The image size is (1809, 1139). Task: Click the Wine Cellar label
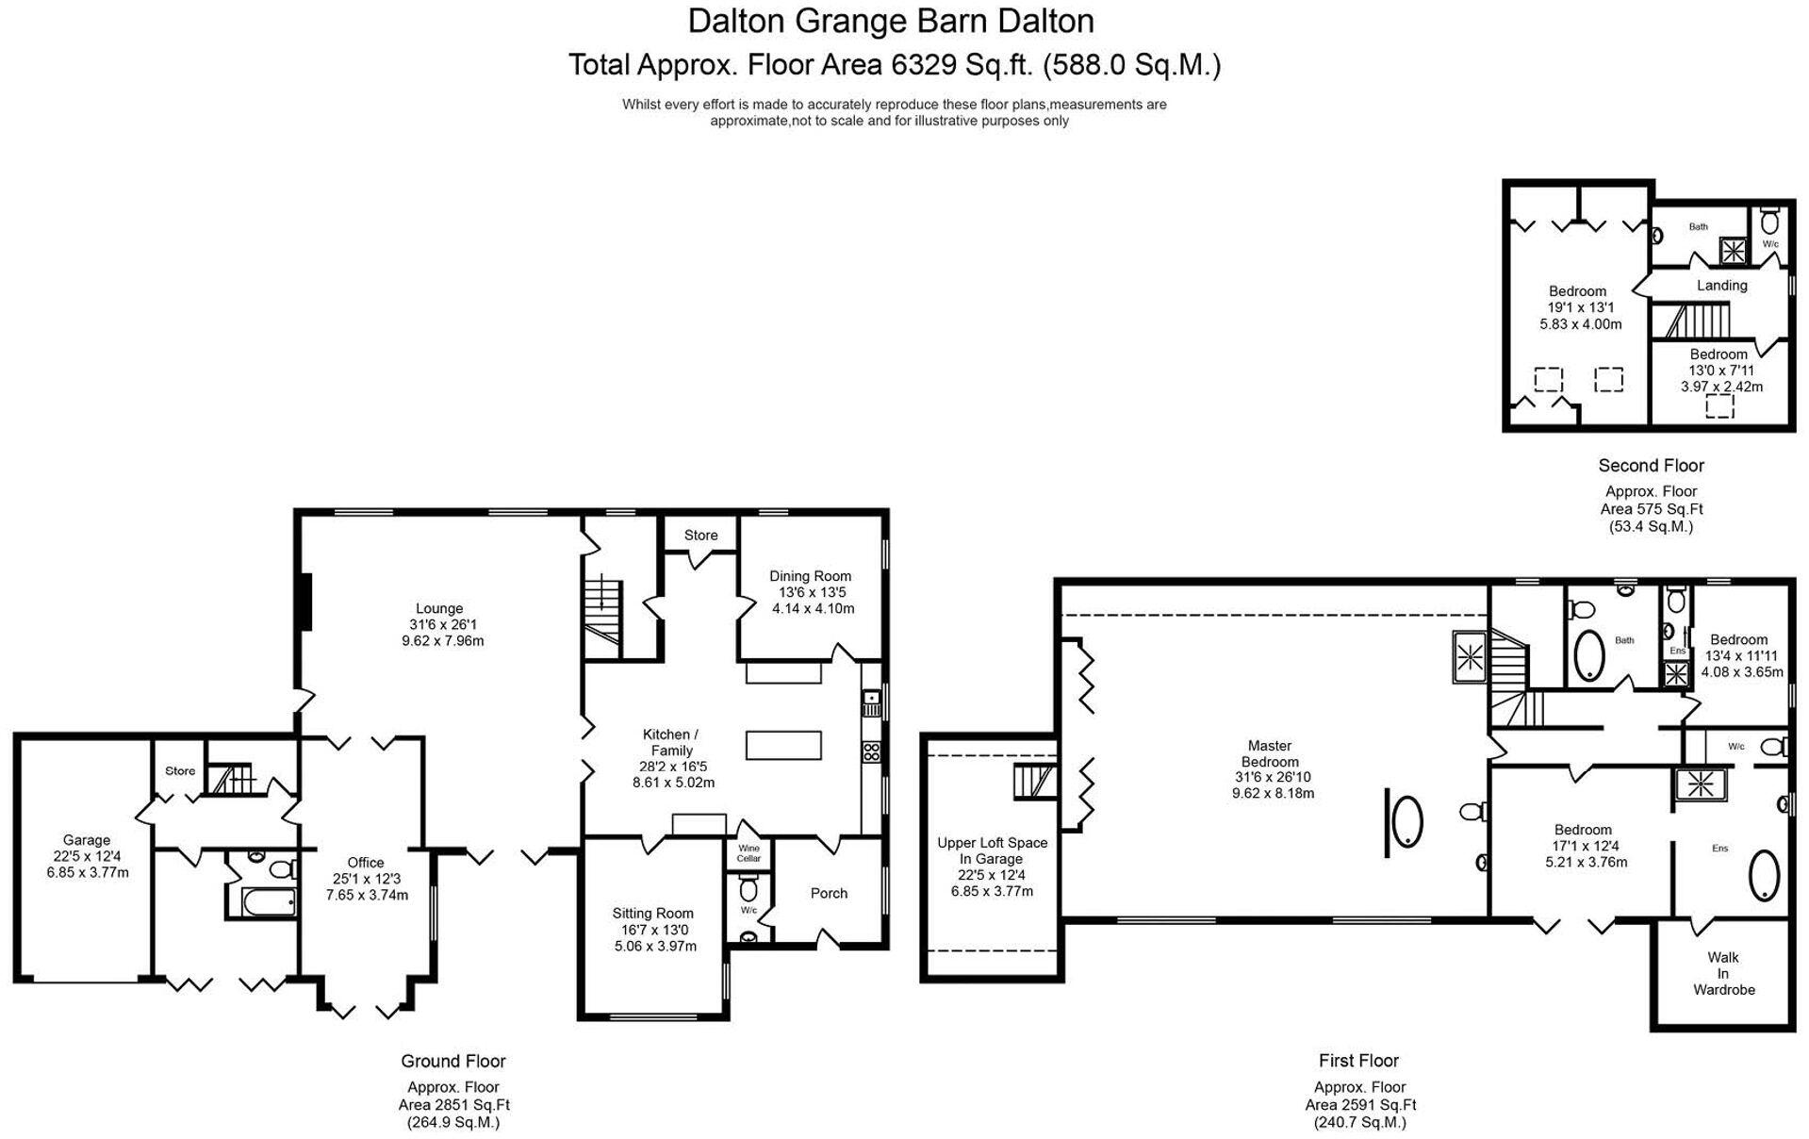748,853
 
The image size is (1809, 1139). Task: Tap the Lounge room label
439,609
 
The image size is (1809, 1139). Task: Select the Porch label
829,893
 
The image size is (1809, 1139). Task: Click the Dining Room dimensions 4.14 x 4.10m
813,608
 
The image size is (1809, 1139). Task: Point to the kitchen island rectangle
783,745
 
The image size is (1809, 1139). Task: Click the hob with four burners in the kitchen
872,751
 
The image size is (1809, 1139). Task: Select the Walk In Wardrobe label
1723,973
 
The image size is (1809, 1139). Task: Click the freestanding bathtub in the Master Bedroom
1407,821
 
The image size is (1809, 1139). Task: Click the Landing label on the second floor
1721,285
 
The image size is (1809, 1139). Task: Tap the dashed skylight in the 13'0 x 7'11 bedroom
1719,406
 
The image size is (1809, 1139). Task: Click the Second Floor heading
1651,465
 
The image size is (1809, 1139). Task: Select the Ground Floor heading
453,1061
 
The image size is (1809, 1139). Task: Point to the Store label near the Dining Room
700,535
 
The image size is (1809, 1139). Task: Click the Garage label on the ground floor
87,840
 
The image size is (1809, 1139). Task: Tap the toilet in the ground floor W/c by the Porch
749,889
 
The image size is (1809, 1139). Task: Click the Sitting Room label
652,913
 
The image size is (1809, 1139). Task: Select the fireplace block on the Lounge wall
304,601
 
